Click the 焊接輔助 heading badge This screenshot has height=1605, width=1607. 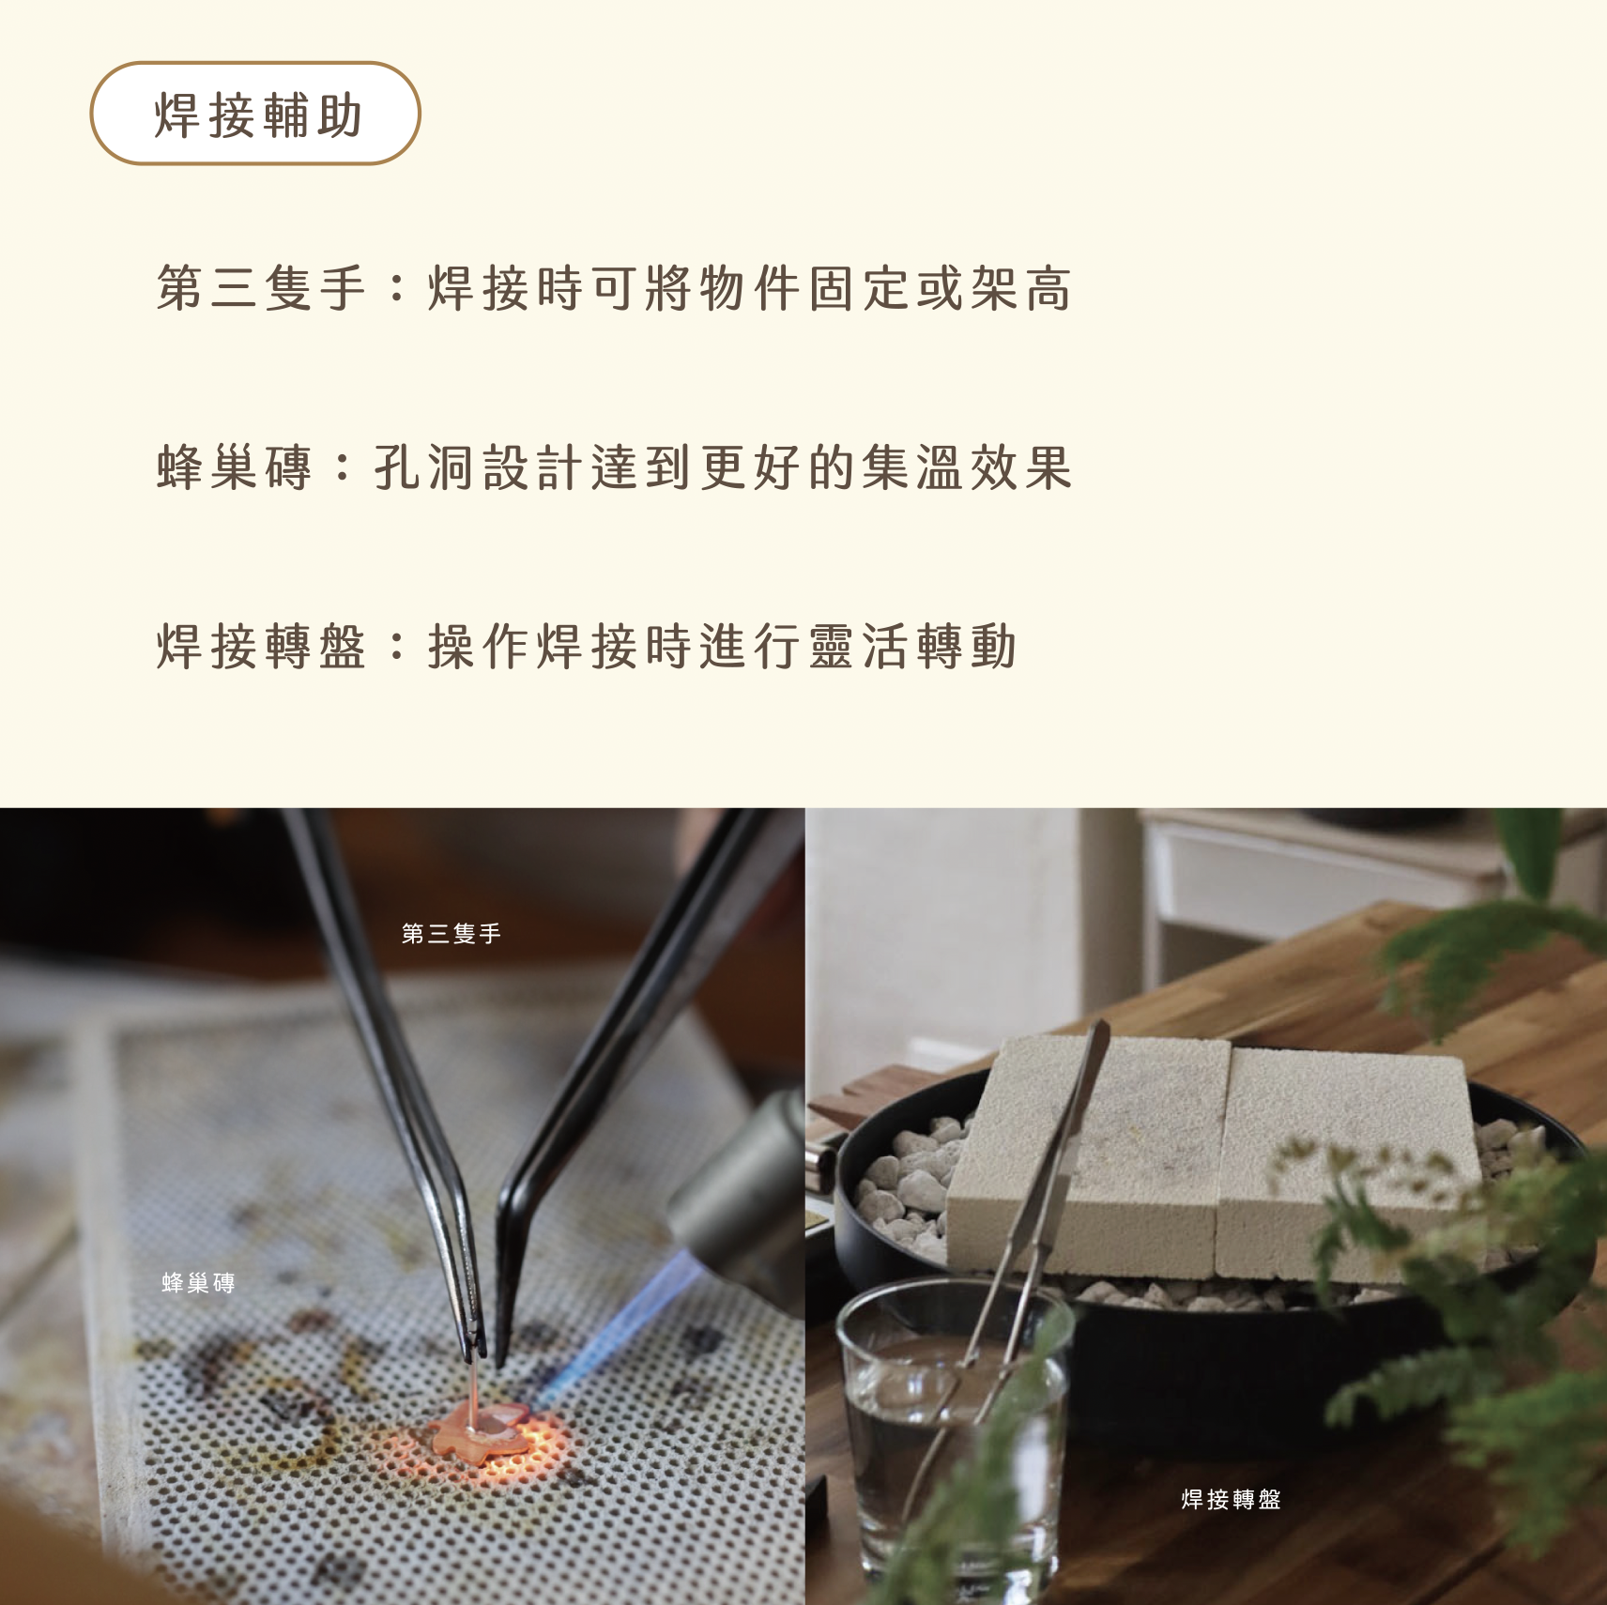coord(255,114)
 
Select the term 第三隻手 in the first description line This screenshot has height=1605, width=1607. coord(261,287)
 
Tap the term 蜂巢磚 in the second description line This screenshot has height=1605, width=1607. coord(234,466)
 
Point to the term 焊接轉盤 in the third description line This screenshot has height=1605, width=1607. coord(261,647)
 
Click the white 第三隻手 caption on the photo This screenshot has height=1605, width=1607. coord(451,933)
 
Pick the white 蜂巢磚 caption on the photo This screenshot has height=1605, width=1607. coord(198,1282)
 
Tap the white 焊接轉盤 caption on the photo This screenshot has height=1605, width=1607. coord(1232,1499)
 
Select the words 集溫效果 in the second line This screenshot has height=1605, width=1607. coord(967,466)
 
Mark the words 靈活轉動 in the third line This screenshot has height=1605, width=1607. coord(911,647)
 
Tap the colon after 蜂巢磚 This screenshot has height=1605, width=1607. coord(343,466)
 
